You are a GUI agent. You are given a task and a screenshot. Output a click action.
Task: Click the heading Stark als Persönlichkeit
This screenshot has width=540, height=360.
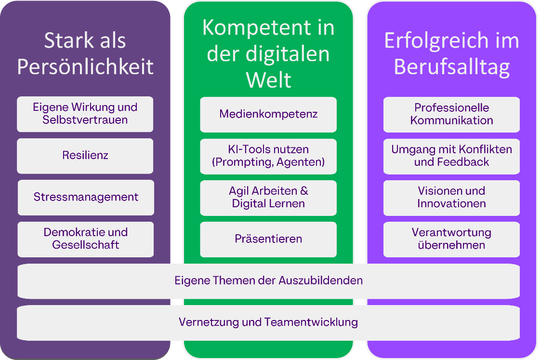click(85, 53)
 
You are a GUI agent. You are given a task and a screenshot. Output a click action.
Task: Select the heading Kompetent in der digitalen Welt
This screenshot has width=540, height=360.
click(268, 53)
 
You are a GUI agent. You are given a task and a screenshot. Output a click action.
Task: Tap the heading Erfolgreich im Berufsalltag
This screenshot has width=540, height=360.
click(451, 53)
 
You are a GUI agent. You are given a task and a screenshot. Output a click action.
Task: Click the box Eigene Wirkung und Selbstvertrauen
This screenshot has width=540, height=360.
click(85, 114)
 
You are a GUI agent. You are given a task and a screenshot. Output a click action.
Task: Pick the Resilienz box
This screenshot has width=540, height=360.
click(85, 156)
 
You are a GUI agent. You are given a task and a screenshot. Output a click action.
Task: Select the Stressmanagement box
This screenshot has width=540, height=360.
click(86, 197)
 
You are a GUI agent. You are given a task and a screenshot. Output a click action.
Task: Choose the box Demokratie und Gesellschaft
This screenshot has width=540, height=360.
click(86, 239)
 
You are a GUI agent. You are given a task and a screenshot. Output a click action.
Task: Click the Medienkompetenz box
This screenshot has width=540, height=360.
click(268, 114)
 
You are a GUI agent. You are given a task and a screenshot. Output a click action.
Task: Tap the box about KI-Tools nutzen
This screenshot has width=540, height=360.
click(268, 156)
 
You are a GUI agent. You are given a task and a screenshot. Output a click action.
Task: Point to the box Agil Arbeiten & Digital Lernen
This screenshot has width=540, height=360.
click(268, 197)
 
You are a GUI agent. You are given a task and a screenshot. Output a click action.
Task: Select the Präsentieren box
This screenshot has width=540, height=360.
click(268, 239)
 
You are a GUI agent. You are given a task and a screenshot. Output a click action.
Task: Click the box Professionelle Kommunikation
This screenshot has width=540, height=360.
click(451, 114)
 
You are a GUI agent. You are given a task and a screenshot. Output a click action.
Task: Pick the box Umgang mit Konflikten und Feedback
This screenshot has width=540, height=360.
click(451, 156)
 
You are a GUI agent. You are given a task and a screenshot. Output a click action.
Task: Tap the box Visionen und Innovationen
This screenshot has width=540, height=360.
click(451, 197)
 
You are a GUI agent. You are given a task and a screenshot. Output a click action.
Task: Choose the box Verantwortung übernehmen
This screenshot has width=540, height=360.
click(451, 239)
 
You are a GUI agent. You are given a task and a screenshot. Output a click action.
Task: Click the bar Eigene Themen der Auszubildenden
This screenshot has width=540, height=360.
click(268, 280)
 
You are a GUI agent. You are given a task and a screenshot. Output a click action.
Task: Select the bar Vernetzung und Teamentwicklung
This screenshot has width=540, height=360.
click(268, 322)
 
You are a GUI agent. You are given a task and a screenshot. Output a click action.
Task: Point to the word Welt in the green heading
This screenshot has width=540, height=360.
click(268, 80)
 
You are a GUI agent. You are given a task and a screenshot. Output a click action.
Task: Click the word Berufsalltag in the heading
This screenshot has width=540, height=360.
click(451, 67)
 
